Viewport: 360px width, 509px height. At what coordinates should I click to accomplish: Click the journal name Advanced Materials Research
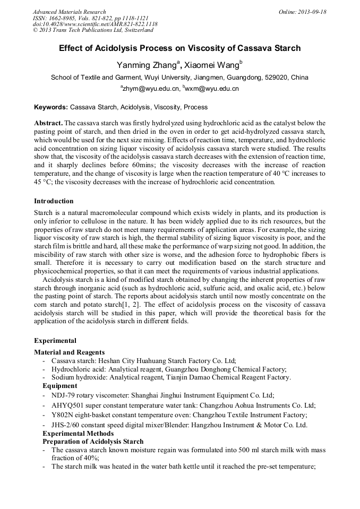click(69, 12)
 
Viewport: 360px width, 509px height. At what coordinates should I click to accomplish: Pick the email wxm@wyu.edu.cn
click(211, 89)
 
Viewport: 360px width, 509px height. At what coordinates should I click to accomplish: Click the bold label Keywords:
click(50, 107)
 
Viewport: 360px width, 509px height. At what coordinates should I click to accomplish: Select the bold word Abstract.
click(48, 123)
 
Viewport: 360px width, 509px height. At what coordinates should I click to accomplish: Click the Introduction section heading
click(54, 201)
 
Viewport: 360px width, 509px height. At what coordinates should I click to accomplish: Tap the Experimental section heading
click(55, 341)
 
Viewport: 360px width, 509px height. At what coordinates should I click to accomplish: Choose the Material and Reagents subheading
click(69, 352)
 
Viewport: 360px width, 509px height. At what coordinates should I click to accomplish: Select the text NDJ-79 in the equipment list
click(64, 395)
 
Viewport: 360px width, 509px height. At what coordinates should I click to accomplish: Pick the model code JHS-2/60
click(66, 425)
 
